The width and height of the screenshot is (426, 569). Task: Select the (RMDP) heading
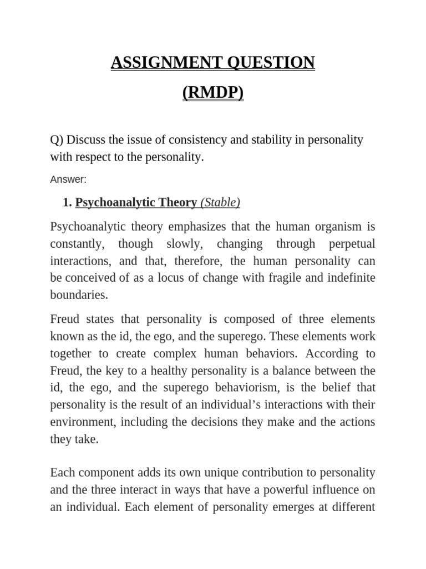[213, 93]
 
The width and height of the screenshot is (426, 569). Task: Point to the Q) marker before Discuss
[57, 139]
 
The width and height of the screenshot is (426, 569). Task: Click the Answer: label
[69, 179]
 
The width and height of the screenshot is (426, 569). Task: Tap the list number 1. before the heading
[68, 203]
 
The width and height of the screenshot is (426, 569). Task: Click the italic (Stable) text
[220, 203]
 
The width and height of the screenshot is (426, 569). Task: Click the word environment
[81, 421]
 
